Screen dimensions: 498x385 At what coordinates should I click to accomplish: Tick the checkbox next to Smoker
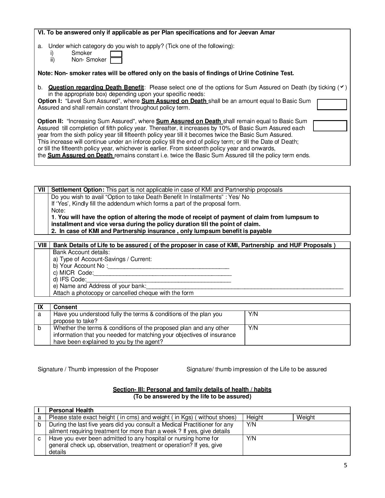pos(116,54)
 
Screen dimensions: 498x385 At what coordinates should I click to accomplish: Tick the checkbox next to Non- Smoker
pos(116,61)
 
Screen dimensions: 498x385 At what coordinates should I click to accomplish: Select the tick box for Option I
pos(332,104)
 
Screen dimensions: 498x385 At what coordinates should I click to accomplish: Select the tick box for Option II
pos(330,126)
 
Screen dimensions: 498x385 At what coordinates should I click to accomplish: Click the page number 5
pos(345,465)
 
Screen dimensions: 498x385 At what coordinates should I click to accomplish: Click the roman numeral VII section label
pos(41,190)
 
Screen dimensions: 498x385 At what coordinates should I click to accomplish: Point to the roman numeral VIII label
pos(42,245)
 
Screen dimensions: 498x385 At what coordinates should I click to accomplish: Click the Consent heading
pos(65,307)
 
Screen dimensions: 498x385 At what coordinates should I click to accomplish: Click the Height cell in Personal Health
pos(268,417)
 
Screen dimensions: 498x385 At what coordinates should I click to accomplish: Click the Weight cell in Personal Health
pos(321,417)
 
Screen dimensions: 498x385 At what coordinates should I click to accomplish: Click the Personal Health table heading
pos(71,410)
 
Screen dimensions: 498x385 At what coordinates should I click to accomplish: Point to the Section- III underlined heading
pos(192,389)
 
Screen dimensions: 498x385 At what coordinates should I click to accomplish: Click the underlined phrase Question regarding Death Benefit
pos(96,87)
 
